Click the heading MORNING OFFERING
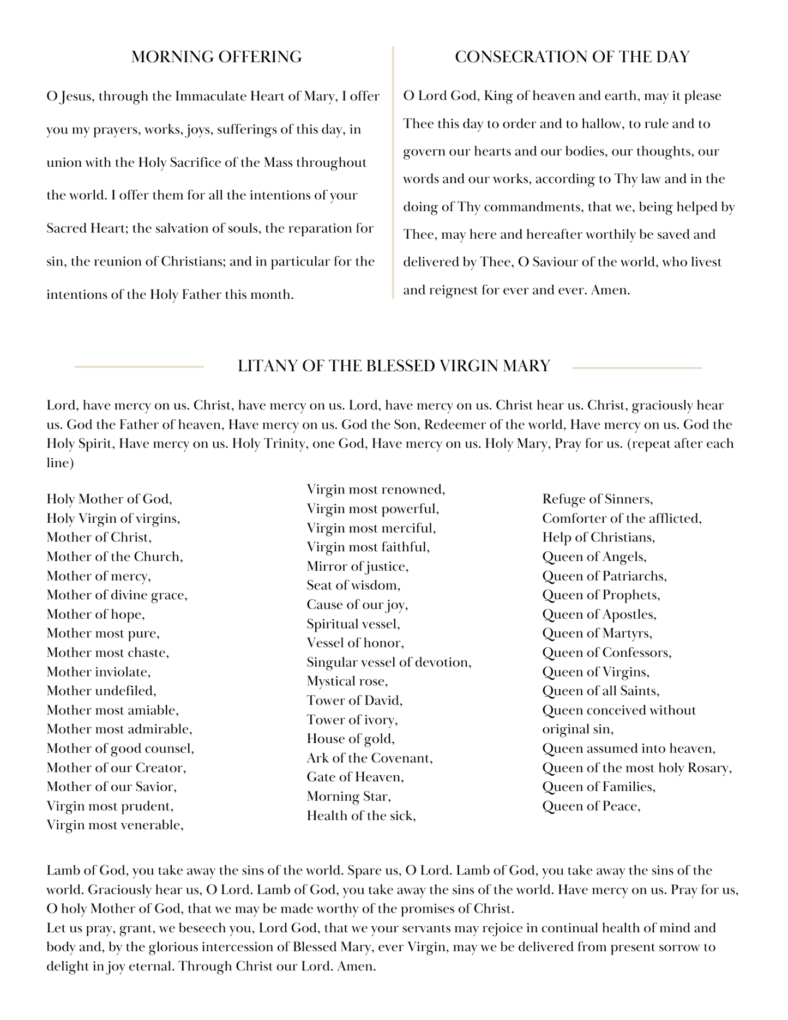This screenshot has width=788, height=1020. pyautogui.click(x=216, y=57)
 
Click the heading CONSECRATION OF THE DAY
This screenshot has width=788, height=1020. pyautogui.click(x=572, y=57)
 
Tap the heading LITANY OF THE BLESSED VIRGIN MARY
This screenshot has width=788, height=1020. pyautogui.click(x=394, y=366)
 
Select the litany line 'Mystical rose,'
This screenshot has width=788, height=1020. pyautogui.click(x=347, y=681)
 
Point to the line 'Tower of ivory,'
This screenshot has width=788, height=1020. pyautogui.click(x=352, y=720)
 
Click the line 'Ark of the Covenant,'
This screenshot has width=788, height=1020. pyautogui.click(x=370, y=758)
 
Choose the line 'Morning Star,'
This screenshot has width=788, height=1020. pyautogui.click(x=349, y=796)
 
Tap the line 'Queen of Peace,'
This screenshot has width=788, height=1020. pyautogui.click(x=591, y=806)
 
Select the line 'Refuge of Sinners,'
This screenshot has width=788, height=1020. pyautogui.click(x=598, y=499)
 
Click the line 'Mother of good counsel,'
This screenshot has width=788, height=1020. pyautogui.click(x=121, y=749)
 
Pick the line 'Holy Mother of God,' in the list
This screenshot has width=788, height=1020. pyautogui.click(x=110, y=499)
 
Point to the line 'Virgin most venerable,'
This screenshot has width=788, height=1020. pyautogui.click(x=115, y=825)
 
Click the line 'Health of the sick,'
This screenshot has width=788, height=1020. pyautogui.click(x=362, y=816)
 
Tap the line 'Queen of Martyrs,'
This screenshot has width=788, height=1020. pyautogui.click(x=597, y=633)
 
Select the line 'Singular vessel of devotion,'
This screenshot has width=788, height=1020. pyautogui.click(x=389, y=662)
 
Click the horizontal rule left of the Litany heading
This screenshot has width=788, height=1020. pyautogui.click(x=139, y=367)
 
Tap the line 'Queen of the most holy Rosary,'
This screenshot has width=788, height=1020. pyautogui.click(x=637, y=768)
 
